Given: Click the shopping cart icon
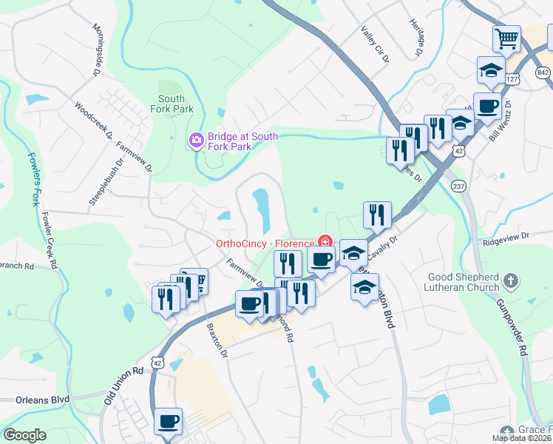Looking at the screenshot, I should pos(506,38).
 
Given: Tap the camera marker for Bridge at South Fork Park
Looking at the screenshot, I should pos(197,139).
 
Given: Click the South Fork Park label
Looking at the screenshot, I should pos(172,104).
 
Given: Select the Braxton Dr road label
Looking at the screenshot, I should pos(216,339).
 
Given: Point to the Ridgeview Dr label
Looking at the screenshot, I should pos(506,237).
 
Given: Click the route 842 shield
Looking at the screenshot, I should pos(544,72).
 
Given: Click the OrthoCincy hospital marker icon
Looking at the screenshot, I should pos(324,240).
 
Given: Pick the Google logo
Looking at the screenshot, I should pos(24,435).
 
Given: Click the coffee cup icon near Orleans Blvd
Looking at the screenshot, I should pos(169,423).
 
